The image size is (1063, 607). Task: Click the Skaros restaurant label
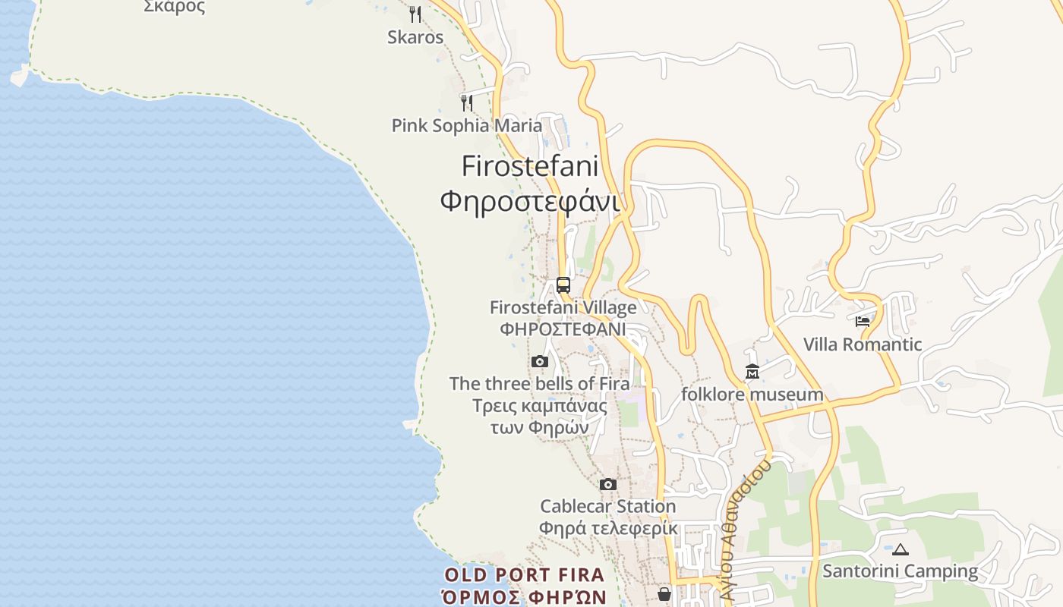(415, 37)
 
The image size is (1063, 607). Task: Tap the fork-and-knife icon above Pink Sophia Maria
(467, 102)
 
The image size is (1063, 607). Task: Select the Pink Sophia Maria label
(467, 125)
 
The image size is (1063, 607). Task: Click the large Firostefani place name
(530, 166)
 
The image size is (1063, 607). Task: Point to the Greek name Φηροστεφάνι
(530, 201)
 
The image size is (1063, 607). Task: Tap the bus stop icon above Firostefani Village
(563, 285)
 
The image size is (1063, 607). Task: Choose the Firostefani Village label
(563, 307)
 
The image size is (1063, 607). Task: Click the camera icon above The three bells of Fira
(540, 361)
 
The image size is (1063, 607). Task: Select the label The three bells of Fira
(540, 384)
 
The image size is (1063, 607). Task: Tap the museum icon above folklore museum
(752, 372)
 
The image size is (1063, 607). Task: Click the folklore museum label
(752, 395)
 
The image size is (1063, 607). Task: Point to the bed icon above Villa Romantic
(863, 322)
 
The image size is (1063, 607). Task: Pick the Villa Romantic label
(863, 344)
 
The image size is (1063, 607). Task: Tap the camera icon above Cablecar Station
(607, 484)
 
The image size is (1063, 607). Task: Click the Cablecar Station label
(607, 506)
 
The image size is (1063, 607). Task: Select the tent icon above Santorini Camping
(901, 549)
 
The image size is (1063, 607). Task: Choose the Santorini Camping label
(901, 571)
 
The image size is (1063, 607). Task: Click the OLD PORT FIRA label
(525, 575)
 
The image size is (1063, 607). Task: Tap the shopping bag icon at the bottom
(664, 594)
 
